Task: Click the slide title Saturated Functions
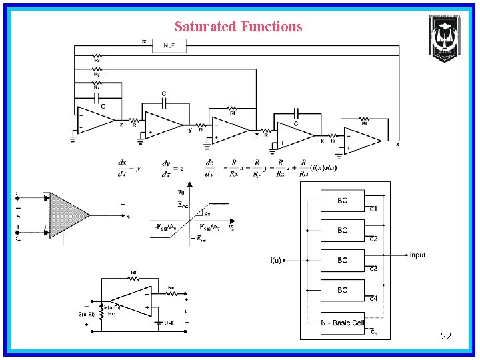(238, 27)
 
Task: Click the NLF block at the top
(169, 45)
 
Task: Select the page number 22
(446, 336)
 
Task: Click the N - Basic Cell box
(343, 323)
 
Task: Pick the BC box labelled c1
(343, 201)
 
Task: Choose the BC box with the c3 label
(343, 260)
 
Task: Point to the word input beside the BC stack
(417, 255)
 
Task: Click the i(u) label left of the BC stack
(275, 260)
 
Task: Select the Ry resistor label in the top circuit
(97, 74)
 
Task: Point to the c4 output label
(374, 299)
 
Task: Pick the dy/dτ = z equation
(173, 167)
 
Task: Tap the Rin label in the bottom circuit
(171, 287)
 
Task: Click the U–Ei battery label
(170, 323)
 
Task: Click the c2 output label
(374, 239)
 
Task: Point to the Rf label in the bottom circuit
(134, 273)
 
